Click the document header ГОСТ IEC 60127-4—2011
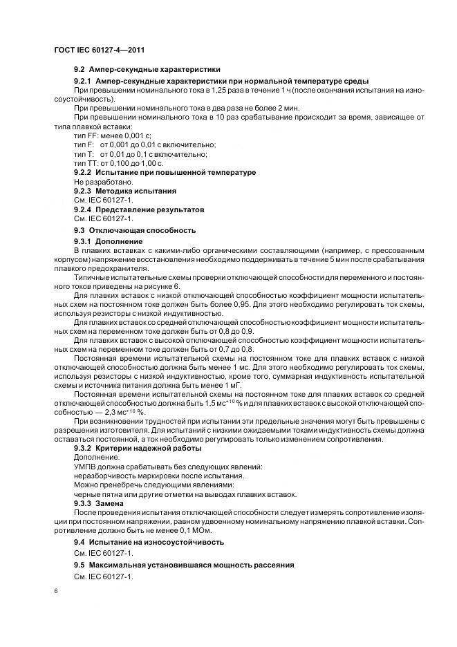(98, 50)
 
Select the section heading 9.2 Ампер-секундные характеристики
(147, 69)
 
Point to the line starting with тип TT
(118, 163)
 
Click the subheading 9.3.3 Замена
(100, 503)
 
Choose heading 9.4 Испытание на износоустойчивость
(148, 543)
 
